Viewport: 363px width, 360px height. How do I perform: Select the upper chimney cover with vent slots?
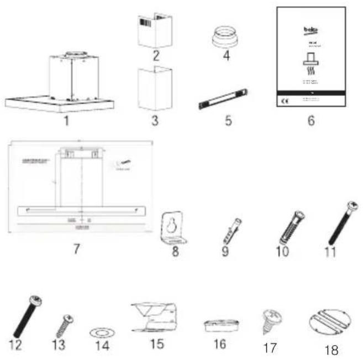[154, 32]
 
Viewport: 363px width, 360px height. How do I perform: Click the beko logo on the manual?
[310, 27]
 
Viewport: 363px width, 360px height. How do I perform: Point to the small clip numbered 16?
[219, 325]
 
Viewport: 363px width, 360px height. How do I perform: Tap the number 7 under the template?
[77, 249]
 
